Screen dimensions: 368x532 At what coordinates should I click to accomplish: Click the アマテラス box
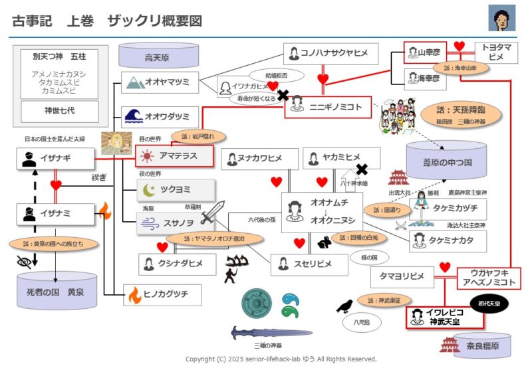coord(174,156)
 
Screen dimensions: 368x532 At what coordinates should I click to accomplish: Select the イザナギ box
coord(55,158)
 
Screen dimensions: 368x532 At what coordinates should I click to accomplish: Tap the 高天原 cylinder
coord(157,56)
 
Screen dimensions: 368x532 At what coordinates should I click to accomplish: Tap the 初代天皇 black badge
coord(491,304)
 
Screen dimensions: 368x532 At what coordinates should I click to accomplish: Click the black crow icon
coord(345,305)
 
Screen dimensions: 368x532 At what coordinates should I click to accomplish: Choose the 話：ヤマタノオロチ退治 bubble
coord(205,238)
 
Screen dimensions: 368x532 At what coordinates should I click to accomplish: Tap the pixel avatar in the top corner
coord(502,18)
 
